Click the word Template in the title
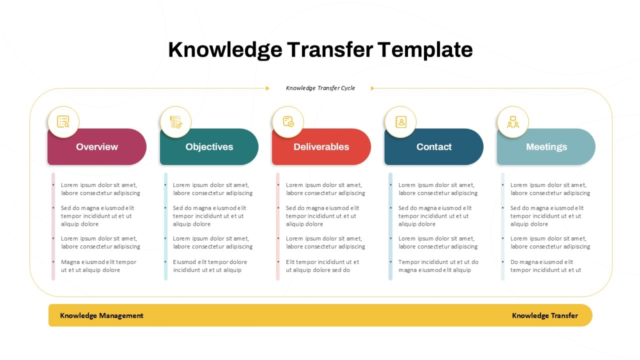pyautogui.click(x=425, y=50)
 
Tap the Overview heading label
pyautogui.click(x=97, y=147)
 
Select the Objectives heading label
pyautogui.click(x=209, y=147)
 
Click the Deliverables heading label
pyautogui.click(x=321, y=147)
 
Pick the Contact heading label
pyautogui.click(x=434, y=147)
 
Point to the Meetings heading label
pyautogui.click(x=546, y=147)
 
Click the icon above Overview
pyautogui.click(x=63, y=122)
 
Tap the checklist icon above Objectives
pyautogui.click(x=175, y=122)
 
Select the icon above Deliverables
pyautogui.click(x=288, y=122)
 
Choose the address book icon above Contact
pyautogui.click(x=401, y=122)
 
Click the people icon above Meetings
pyautogui.click(x=513, y=122)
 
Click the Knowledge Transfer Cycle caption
pyautogui.click(x=321, y=88)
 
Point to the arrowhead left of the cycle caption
pyautogui.click(x=267, y=89)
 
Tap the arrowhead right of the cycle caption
pyautogui.click(x=373, y=89)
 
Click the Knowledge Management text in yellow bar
pyautogui.click(x=101, y=316)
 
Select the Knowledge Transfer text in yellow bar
pyautogui.click(x=545, y=316)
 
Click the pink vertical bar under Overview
pyautogui.click(x=53, y=226)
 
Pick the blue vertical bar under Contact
pyautogui.click(x=390, y=226)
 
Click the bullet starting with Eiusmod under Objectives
pyautogui.click(x=210, y=266)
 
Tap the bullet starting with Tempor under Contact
pyautogui.click(x=438, y=266)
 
